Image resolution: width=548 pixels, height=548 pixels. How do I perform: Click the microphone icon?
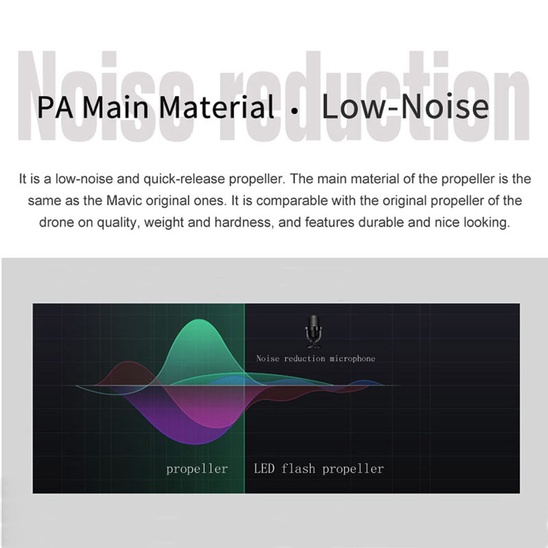(313, 332)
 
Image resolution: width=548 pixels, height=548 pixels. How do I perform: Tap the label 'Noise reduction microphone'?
(316, 358)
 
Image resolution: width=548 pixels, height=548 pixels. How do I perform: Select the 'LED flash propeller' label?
(319, 469)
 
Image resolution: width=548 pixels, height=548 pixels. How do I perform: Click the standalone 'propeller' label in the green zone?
(197, 469)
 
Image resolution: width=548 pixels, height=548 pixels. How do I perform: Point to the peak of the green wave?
(199, 319)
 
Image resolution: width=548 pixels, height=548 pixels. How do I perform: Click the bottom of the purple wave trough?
(196, 443)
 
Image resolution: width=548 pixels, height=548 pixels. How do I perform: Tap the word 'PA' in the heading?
(55, 108)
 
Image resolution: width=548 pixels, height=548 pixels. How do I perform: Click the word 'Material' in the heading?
(216, 107)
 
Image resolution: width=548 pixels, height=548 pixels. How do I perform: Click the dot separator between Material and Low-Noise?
(295, 112)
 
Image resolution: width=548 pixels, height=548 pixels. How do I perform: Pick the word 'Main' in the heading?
(116, 107)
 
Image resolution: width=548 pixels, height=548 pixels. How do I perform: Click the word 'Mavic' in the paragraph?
(124, 201)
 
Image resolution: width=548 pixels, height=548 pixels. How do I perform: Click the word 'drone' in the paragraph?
(56, 223)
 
